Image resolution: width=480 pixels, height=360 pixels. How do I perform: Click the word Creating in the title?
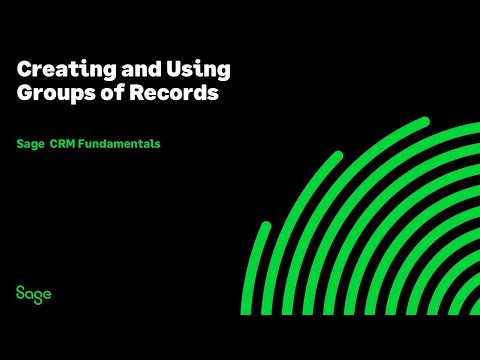58,71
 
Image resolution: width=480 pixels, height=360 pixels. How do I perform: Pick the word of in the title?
97,95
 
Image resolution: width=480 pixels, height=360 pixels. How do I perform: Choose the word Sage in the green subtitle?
29,144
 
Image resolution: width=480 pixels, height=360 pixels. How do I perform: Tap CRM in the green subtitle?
62,144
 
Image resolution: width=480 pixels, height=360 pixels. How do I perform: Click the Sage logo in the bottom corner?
33,293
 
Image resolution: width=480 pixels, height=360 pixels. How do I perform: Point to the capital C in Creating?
24,71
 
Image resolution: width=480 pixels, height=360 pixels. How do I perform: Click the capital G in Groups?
24,95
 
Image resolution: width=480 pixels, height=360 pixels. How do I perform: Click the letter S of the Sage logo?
20,293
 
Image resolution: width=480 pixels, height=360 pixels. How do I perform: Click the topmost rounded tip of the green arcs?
424,122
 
